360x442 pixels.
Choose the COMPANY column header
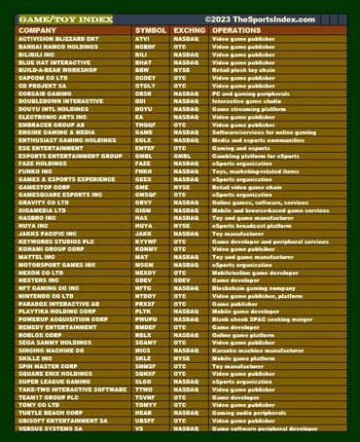43,31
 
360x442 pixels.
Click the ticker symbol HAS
142,218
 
